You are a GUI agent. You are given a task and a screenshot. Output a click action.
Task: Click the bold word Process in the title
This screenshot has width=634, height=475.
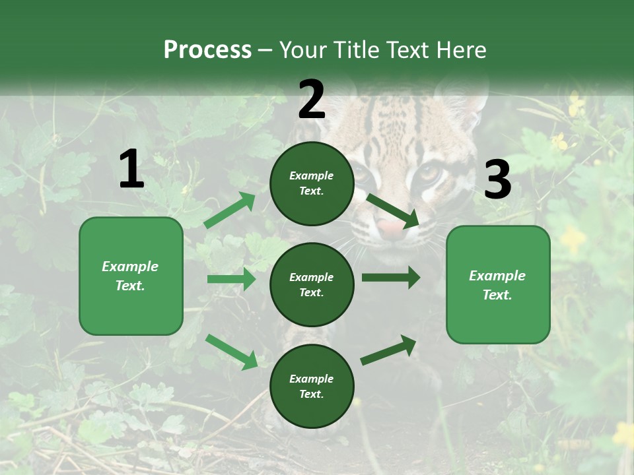click(x=207, y=50)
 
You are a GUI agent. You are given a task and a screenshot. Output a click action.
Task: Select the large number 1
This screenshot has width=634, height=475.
click(x=131, y=170)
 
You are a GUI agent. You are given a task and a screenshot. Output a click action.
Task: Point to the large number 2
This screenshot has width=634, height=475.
click(x=312, y=100)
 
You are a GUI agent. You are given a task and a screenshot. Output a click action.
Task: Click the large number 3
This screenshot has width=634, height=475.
click(x=497, y=180)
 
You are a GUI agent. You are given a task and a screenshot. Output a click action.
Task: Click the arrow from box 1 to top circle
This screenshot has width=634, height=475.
click(x=230, y=210)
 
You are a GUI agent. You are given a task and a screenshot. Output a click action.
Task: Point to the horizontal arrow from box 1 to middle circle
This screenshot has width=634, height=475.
click(x=231, y=279)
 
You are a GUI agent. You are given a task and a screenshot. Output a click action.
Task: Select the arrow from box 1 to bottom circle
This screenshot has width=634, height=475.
click(x=231, y=352)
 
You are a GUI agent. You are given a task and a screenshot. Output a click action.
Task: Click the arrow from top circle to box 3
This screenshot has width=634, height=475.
click(x=392, y=210)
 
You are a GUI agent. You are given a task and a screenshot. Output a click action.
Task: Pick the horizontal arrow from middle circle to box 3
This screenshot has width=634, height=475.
click(x=390, y=277)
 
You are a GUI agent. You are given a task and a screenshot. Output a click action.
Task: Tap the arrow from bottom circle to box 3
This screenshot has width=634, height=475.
click(x=388, y=350)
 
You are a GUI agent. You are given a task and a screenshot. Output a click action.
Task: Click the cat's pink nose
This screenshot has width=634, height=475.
click(x=392, y=230)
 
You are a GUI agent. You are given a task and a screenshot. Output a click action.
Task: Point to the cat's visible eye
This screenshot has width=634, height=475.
click(x=429, y=173)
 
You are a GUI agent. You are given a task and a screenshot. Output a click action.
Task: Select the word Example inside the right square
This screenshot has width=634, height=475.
click(x=497, y=276)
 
